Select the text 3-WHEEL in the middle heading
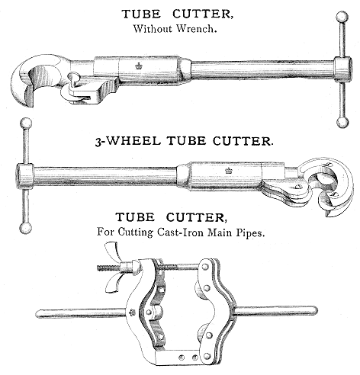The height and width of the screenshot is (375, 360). point(128,141)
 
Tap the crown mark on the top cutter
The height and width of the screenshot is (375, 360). point(139,66)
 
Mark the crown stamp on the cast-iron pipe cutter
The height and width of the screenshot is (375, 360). point(132,312)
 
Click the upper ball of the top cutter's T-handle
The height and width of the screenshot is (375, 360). point(342,18)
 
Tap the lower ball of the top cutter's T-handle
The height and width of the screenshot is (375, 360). point(342,122)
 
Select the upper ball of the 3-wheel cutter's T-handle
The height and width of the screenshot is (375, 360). point(26,124)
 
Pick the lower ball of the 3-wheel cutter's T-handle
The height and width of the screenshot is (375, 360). point(26,228)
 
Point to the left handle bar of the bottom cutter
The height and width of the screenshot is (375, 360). point(81,312)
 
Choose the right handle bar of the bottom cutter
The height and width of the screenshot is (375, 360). point(275,311)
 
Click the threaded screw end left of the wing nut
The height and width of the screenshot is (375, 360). point(108,268)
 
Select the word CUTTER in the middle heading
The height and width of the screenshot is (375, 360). point(243,141)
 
